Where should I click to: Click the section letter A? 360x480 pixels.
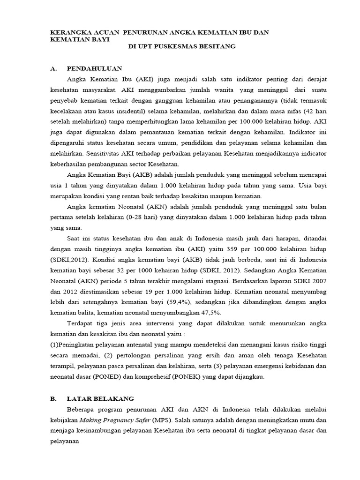pos(53,68)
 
